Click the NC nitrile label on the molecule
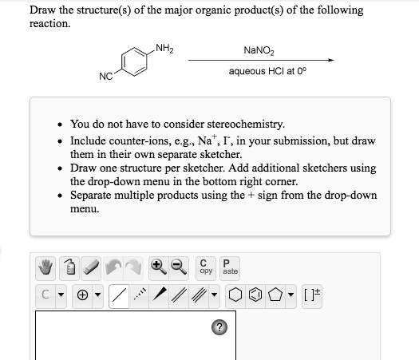coord(105,77)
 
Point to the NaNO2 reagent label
coord(260,50)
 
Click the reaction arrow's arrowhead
coord(330,60)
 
